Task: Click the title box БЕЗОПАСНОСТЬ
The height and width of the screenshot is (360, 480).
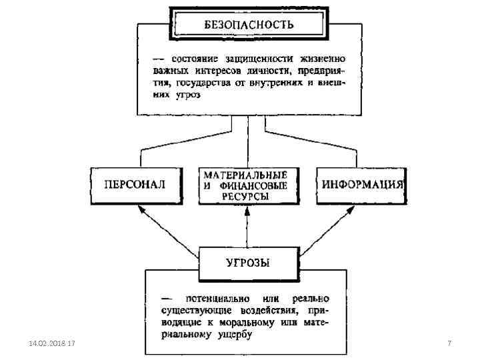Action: click(x=248, y=25)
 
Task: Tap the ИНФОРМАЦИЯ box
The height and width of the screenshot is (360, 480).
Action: click(x=363, y=184)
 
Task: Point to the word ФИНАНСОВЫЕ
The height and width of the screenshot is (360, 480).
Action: click(x=255, y=185)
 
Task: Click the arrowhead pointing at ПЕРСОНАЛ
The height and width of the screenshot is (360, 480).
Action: click(x=140, y=208)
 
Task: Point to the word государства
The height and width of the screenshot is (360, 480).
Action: click(x=203, y=83)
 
